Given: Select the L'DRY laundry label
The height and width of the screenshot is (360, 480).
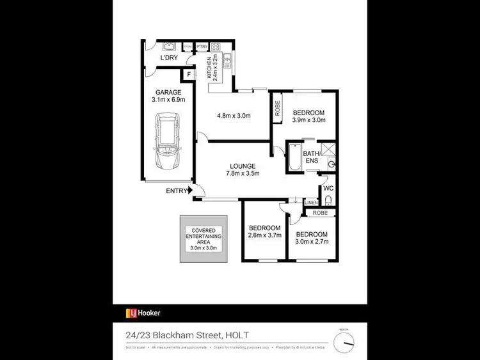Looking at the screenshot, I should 169,58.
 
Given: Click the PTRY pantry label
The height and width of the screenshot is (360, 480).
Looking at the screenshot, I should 202,47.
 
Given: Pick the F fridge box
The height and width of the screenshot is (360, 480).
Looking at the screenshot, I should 189,75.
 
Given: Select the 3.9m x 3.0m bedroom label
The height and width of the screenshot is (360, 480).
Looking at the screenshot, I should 309,116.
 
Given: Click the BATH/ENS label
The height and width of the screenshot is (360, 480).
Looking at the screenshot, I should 312,158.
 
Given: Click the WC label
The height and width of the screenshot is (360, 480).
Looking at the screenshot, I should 328,188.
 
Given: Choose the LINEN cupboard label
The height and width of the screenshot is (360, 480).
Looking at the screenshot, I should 311,203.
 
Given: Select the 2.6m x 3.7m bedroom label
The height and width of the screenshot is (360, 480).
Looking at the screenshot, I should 264,232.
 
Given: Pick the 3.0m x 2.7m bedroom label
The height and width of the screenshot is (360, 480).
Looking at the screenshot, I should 312,238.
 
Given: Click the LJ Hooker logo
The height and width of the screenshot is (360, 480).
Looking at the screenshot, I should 143,313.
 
